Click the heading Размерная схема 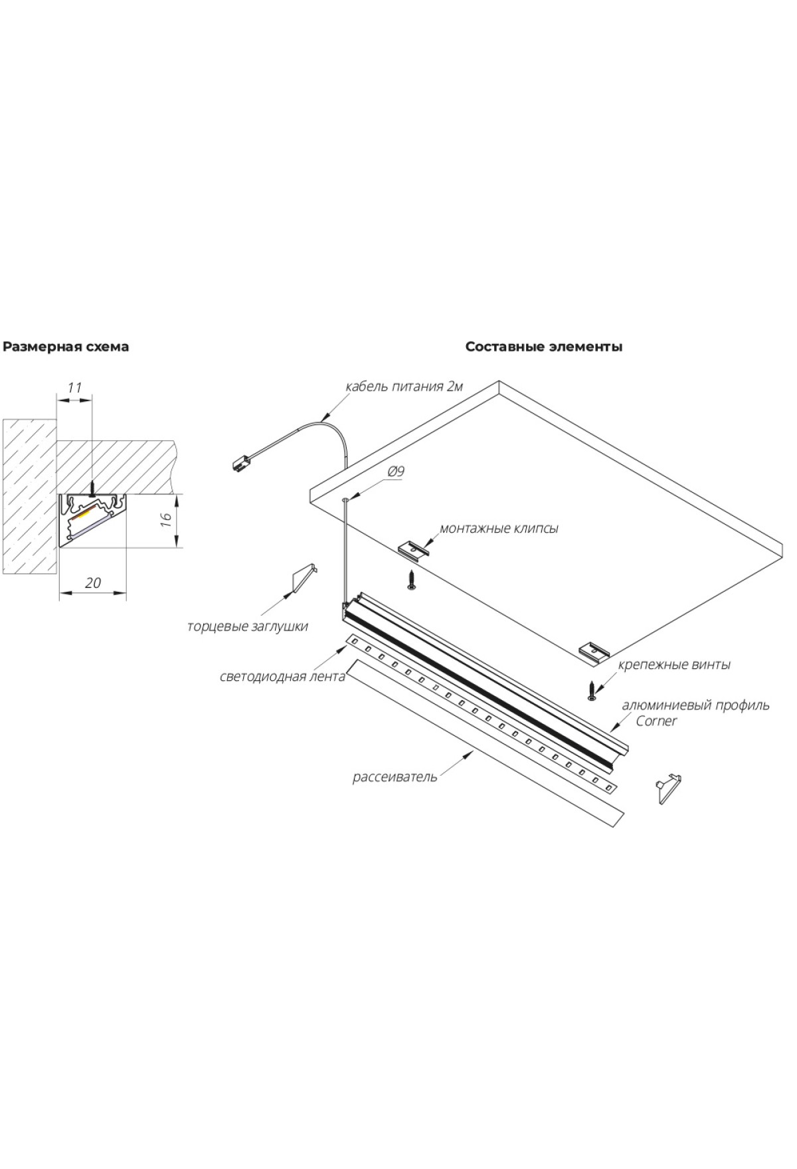click(x=66, y=347)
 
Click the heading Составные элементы click(x=543, y=347)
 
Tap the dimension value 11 click(x=74, y=387)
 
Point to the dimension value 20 click(x=93, y=583)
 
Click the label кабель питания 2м click(x=404, y=387)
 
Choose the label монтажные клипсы click(x=498, y=529)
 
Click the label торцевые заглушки click(x=247, y=626)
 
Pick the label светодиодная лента click(x=282, y=676)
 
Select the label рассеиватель click(x=395, y=776)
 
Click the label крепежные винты click(x=674, y=664)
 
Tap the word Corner click(x=656, y=721)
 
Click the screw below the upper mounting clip click(x=412, y=580)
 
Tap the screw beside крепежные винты click(x=591, y=691)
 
